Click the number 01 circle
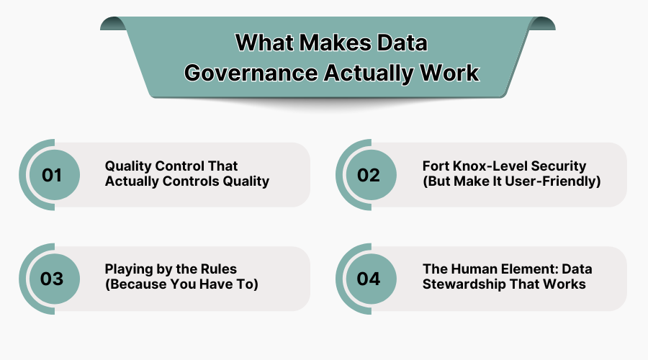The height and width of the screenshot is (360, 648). pos(52,175)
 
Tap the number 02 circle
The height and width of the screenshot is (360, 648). pos(369,175)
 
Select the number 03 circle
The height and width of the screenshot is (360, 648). pos(52,279)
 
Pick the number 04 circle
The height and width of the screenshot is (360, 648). pos(369,279)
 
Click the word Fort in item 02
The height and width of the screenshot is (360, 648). pos(436,166)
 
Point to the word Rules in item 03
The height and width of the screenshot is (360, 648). pos(218,270)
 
